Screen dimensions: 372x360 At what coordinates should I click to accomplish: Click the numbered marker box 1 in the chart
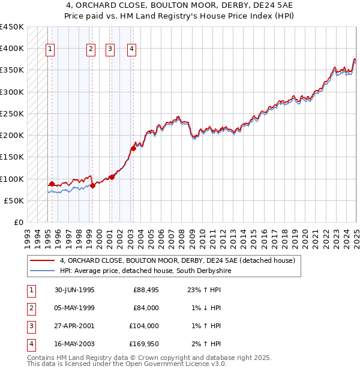[x=50, y=50]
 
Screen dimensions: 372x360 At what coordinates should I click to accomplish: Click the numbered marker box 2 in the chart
[x=91, y=50]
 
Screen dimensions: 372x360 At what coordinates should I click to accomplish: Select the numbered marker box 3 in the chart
[x=110, y=50]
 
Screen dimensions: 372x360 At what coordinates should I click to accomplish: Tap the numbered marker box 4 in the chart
[x=131, y=50]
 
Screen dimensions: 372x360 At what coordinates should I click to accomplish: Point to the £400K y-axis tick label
[x=11, y=49]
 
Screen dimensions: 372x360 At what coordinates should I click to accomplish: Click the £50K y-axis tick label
[x=14, y=200]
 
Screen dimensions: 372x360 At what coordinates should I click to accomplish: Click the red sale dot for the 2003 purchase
[x=133, y=148]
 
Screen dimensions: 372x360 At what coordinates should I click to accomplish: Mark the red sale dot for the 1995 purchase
[x=52, y=184]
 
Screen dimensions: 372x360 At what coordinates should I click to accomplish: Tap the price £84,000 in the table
[x=145, y=308]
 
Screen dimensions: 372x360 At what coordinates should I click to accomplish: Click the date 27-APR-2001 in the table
[x=74, y=326]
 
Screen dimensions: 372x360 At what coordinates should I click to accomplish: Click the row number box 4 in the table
[x=30, y=344]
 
